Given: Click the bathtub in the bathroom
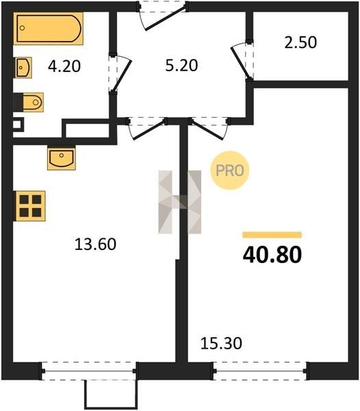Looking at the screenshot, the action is tap(48, 29).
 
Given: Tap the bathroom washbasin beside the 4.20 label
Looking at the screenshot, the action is tap(23, 67).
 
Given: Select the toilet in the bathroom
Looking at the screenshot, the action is tap(29, 102).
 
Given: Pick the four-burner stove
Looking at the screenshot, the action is tap(29, 206).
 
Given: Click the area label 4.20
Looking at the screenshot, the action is tap(64, 66).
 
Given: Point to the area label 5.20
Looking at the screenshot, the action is tap(181, 66).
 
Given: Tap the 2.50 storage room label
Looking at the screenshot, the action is tap(300, 42).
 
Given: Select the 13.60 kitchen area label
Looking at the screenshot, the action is tap(95, 244).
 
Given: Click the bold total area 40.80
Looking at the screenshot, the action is tap(272, 255).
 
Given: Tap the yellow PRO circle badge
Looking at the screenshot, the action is tap(230, 171).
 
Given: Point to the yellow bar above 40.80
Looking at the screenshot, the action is tap(272, 235).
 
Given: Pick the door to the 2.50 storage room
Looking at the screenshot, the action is tap(240, 62).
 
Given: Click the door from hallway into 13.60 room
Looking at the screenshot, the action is tap(149, 129).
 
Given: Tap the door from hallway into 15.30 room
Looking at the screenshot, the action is tap(208, 129).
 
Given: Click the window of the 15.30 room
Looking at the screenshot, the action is tap(260, 371).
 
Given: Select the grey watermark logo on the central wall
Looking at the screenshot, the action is tap(180, 202).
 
